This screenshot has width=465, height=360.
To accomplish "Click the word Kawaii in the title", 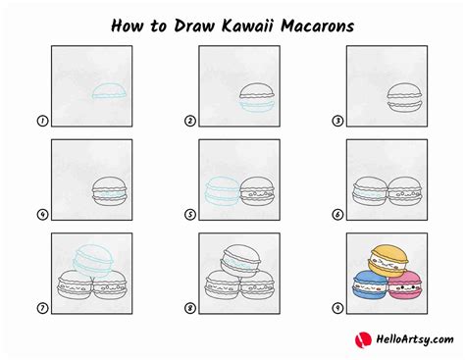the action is click(247, 26).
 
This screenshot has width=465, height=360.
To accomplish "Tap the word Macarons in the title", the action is click(318, 26).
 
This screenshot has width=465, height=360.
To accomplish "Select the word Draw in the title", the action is click(194, 26).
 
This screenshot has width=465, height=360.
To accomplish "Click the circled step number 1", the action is click(42, 121).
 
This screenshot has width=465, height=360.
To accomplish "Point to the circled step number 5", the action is click(190, 215).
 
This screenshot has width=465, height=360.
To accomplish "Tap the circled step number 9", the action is click(337, 308).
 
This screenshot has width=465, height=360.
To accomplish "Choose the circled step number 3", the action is click(337, 121).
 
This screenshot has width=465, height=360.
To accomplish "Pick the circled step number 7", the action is click(42, 308).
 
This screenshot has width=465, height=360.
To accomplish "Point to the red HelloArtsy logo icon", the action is click(363, 339).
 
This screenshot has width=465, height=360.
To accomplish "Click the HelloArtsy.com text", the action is click(415, 339).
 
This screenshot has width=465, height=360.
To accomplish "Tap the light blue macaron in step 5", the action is click(222, 191).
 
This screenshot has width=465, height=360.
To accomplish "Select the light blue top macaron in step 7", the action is click(94, 262).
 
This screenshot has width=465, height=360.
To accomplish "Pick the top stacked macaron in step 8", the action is click(241, 262).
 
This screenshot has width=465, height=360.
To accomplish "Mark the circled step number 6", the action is click(337, 215).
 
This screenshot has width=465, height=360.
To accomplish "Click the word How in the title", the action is click(127, 26).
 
